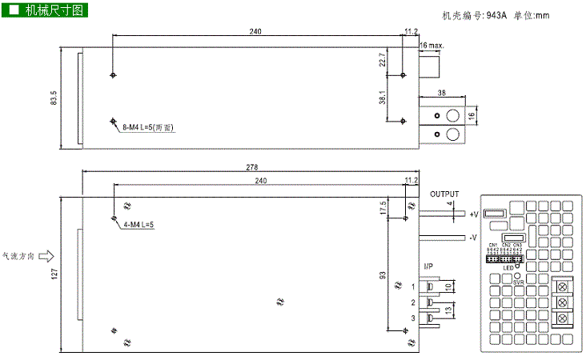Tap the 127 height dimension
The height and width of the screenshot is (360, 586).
tap(54, 272)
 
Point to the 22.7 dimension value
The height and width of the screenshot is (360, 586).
tap(383, 58)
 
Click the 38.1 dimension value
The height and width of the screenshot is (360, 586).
tap(383, 98)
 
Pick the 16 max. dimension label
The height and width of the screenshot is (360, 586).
tap(431, 46)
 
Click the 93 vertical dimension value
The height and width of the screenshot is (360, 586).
tap(383, 276)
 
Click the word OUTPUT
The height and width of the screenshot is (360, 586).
tap(444, 194)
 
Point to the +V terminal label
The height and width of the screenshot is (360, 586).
tap(473, 214)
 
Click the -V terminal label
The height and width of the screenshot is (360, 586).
tap(473, 238)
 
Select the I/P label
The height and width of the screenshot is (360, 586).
tap(428, 266)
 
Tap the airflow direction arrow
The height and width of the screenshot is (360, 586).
tap(46, 257)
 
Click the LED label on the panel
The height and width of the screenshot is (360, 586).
tap(508, 268)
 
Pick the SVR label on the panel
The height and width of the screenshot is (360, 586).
tap(507, 282)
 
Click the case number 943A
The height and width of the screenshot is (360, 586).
tap(497, 14)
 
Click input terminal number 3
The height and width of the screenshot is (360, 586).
tap(413, 318)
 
